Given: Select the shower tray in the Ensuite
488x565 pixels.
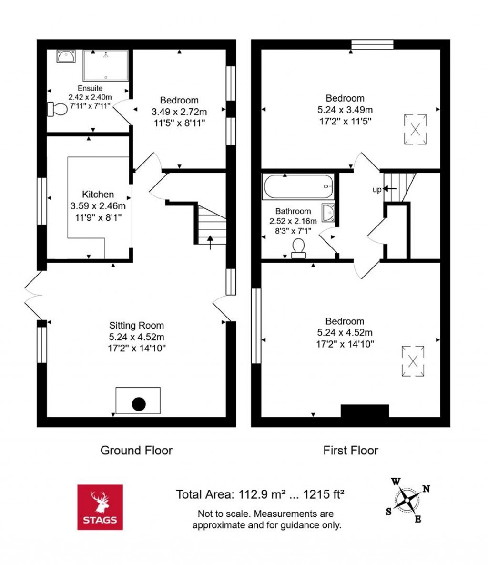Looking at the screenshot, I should pos(105,66).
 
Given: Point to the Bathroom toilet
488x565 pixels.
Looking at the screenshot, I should pos(299,248).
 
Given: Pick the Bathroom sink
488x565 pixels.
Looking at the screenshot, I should pos(328,213).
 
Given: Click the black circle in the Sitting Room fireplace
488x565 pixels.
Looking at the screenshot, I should pos(138,404).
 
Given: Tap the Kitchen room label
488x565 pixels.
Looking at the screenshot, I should pos(98,195).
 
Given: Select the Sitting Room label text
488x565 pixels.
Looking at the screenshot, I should pos(136,326).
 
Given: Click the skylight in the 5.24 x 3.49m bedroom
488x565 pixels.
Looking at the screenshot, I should pos(416,129).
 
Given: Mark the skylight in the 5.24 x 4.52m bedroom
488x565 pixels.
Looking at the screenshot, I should pos(413,361).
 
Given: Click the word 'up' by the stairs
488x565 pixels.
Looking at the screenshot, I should pos(376,190).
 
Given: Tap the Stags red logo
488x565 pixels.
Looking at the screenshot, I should pos(100,507).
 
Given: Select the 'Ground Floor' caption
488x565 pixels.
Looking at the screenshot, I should pos(136,450).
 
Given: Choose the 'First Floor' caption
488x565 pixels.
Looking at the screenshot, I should pos(350,450).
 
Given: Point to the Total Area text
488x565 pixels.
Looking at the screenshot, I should pos(260,494).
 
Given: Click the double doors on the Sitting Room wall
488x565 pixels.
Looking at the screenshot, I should pos(33,296).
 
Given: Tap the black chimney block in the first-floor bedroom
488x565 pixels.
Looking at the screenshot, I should pos(365,411).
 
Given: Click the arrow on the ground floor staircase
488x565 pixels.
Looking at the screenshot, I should pos(210,242).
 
